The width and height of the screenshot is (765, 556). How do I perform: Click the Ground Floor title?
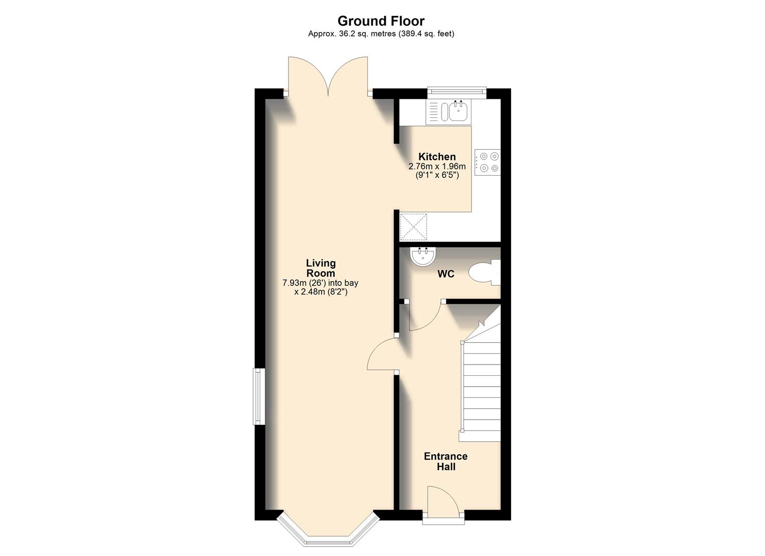(381, 21)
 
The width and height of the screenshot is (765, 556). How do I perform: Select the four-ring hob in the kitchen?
(487, 162)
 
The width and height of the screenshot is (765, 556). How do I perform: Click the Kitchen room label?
(437, 157)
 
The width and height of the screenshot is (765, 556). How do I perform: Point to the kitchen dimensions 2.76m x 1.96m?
(437, 166)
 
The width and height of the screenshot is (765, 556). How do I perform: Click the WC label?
(446, 274)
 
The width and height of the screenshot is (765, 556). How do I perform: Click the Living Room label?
(320, 268)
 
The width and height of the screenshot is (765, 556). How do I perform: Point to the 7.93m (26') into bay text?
(320, 283)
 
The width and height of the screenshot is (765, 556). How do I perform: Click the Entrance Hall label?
(446, 461)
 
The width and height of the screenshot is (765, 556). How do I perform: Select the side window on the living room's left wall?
(259, 396)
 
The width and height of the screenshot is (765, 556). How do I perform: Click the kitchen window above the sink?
(457, 92)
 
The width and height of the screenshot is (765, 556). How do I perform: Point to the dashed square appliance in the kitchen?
(414, 227)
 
